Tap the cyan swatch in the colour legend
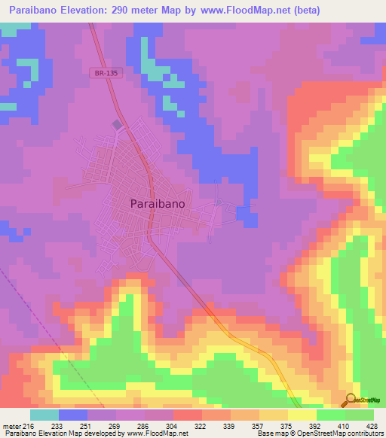(x=44, y=415)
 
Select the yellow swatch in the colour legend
(x=302, y=415)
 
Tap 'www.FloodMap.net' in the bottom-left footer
(x=156, y=433)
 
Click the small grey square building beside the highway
(x=116, y=124)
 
